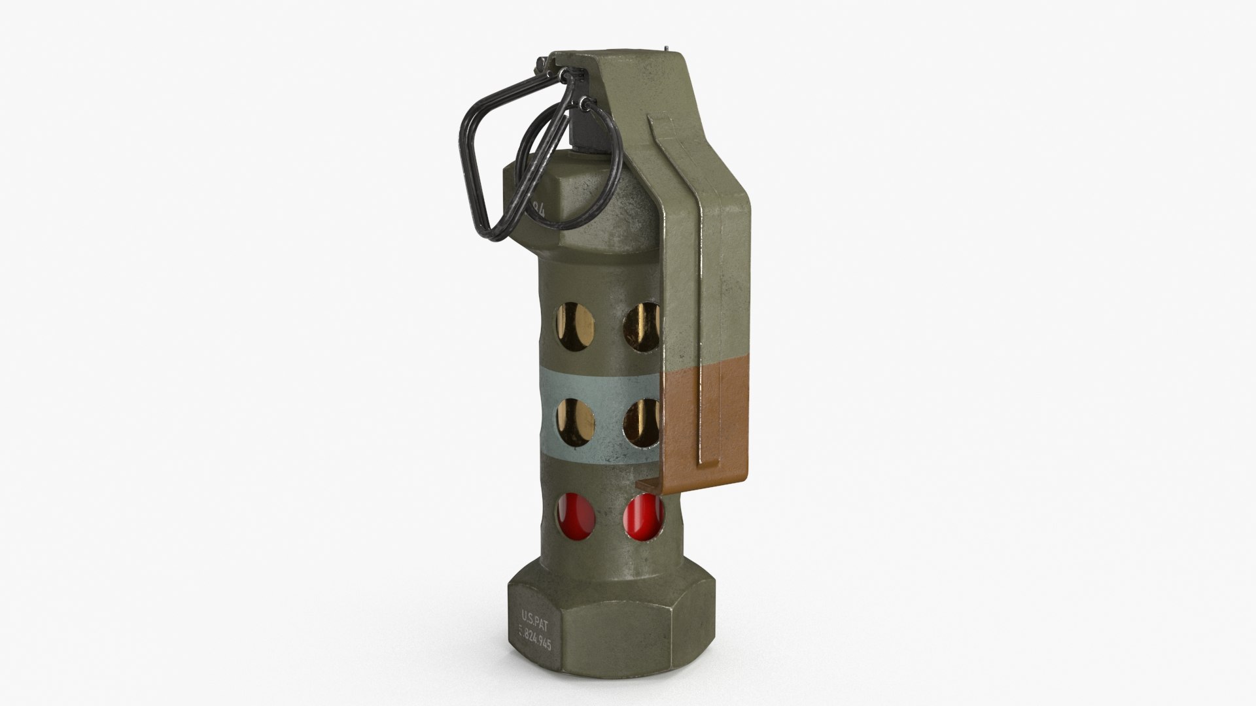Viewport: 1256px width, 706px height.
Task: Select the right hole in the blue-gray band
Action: click(641, 421)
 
